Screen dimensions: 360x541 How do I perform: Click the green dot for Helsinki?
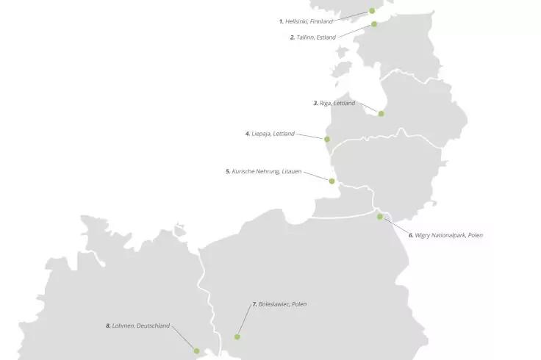coord(372,11)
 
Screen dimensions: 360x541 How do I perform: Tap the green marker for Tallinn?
coord(374,24)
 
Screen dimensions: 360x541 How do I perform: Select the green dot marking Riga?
coord(381,113)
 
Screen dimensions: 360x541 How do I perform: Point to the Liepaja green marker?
coord(327,139)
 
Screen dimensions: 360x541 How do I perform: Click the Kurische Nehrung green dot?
coord(332,181)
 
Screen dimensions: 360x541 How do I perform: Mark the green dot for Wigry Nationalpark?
coord(380,217)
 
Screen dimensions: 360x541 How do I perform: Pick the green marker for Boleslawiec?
coord(237,336)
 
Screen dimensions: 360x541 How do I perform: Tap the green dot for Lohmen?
coord(196,351)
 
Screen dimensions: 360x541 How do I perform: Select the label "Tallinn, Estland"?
coord(316,37)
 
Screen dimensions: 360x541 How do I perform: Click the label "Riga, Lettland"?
coord(337,104)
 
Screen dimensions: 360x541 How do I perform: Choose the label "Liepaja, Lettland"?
coord(273,134)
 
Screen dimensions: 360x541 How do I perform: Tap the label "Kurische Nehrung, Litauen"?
coord(266,171)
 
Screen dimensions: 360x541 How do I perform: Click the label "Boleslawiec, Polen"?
coord(282,303)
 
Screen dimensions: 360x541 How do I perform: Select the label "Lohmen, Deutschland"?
coord(141,325)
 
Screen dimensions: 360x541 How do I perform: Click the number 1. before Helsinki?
coord(281,21)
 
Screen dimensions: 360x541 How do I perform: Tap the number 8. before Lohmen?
coord(108,325)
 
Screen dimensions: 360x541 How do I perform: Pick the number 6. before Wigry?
coord(412,235)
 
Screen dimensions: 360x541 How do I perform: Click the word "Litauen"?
coord(291,171)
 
